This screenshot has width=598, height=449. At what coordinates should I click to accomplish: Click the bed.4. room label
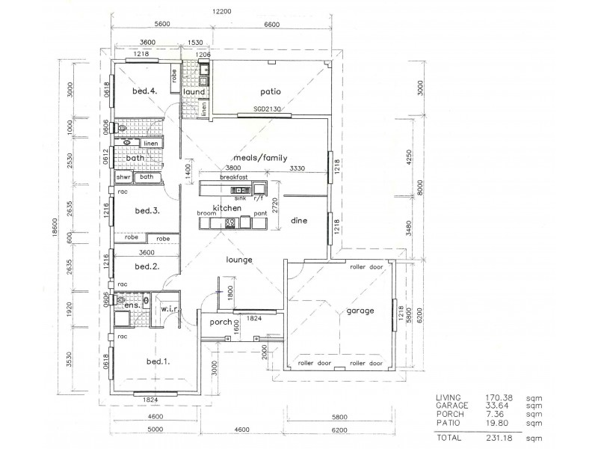click(x=144, y=91)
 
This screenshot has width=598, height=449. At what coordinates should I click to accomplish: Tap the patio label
click(x=270, y=92)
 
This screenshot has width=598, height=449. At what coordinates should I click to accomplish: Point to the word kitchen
click(x=225, y=207)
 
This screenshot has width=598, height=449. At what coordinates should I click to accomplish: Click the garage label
click(x=360, y=311)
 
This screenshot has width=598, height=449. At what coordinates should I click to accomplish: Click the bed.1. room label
click(x=156, y=361)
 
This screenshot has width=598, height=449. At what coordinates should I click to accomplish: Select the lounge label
click(x=240, y=260)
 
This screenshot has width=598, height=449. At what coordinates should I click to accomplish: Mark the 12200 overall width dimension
click(x=220, y=11)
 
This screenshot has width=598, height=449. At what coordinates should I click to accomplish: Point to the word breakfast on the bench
click(x=234, y=177)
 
